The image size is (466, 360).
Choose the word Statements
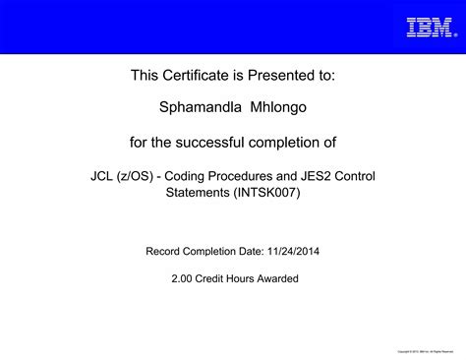(x=195, y=193)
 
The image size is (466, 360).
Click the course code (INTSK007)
(x=266, y=193)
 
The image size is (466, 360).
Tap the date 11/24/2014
(x=293, y=251)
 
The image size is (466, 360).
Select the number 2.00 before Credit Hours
(x=181, y=278)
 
